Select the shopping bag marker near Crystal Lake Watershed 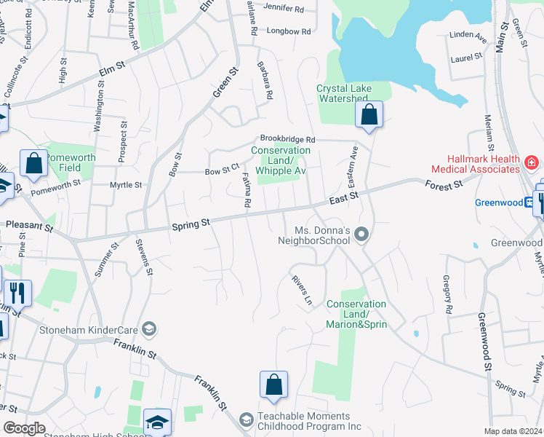(x=369, y=114)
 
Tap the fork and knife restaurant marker (x=18, y=293)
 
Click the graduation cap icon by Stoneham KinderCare (x=150, y=329)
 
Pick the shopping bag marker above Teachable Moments (x=273, y=385)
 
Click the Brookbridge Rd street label (x=288, y=138)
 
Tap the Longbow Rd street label (x=288, y=31)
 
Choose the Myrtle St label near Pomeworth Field (x=126, y=185)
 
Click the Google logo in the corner (x=25, y=428)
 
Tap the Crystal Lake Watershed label (x=344, y=93)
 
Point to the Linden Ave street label (x=468, y=34)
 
